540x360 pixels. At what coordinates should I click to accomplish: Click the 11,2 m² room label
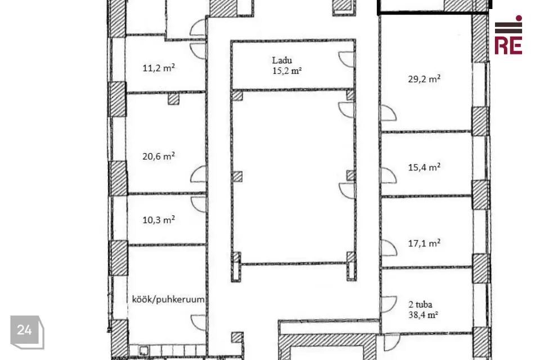click(x=159, y=67)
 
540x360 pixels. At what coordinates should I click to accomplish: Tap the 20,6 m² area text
click(x=159, y=156)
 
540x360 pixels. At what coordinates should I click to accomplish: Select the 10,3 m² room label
click(x=159, y=219)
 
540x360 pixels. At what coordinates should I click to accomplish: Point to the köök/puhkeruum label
click(x=168, y=299)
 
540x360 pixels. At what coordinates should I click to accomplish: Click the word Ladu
click(x=282, y=60)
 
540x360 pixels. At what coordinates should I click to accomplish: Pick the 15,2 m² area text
click(x=287, y=71)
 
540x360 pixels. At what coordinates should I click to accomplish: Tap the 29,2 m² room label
click(x=424, y=79)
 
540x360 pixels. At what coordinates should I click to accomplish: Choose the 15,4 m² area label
click(x=424, y=167)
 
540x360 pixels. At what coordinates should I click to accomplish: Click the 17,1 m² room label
click(x=424, y=243)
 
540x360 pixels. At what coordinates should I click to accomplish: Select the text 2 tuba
click(x=420, y=304)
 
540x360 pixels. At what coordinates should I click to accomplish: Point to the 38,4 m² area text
click(x=423, y=315)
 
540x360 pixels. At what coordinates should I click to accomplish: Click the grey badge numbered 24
click(x=27, y=332)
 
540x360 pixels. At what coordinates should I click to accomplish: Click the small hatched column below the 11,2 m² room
click(x=174, y=99)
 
